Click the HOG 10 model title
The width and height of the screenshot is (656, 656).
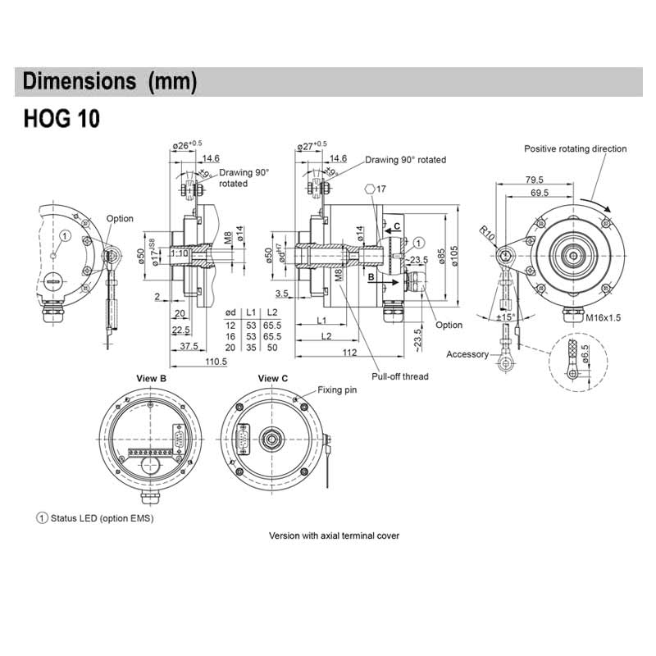(x=61, y=118)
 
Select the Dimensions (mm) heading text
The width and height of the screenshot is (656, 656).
(x=110, y=82)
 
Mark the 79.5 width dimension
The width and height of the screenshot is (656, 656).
(x=535, y=179)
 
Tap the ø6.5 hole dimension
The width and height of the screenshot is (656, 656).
(x=585, y=354)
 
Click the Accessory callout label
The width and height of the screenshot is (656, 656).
(x=467, y=354)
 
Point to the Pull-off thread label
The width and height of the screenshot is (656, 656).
(x=400, y=376)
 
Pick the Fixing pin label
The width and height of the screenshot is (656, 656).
(x=337, y=390)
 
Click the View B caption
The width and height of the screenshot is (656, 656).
(x=151, y=378)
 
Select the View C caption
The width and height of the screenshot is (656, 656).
(x=273, y=378)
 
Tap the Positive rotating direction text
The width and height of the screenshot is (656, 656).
(x=575, y=149)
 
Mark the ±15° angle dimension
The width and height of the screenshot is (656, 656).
(x=506, y=317)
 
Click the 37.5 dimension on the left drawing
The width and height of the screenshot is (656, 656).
(x=189, y=347)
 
